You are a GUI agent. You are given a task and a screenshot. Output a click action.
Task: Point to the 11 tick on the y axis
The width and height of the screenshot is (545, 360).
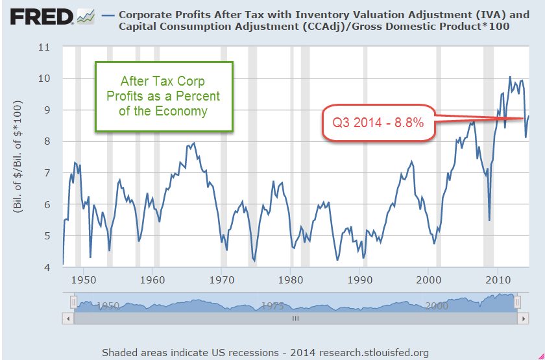click(45, 47)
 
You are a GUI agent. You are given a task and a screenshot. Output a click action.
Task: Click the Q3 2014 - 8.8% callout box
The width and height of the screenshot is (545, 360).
click(378, 121)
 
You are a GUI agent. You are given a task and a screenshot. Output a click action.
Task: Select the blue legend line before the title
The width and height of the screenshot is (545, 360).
click(108, 13)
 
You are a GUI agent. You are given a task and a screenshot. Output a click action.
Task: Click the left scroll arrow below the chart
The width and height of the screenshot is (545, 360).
click(67, 318)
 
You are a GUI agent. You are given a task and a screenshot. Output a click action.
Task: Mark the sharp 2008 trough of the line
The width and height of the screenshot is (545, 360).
click(489, 220)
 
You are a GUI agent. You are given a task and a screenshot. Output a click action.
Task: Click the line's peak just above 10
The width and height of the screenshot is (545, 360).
click(510, 77)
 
